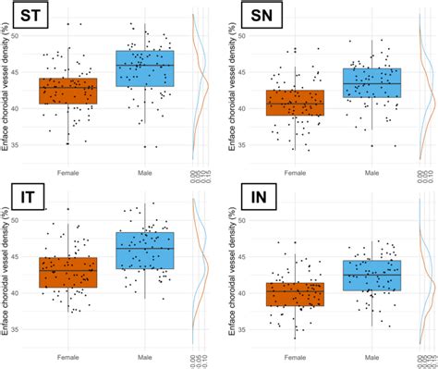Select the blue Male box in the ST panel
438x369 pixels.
(x=144, y=68)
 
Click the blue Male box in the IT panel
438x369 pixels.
(x=144, y=250)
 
